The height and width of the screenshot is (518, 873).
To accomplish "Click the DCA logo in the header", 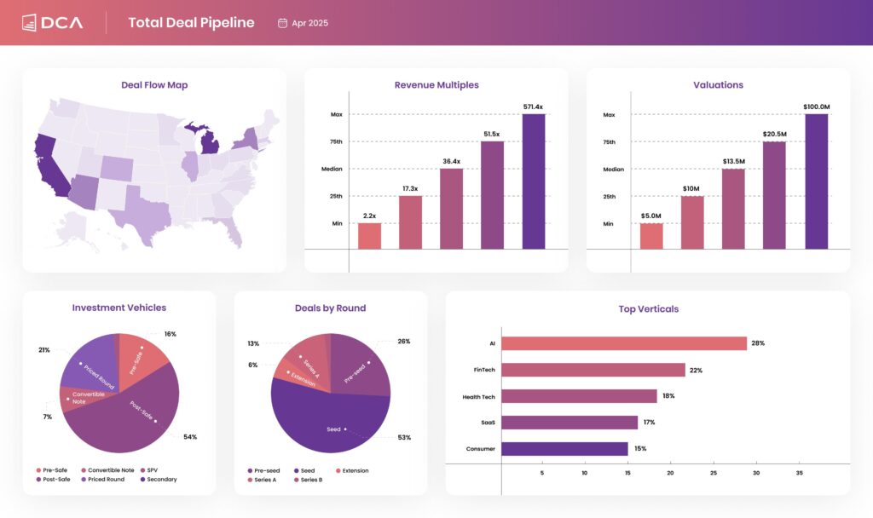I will (52, 22).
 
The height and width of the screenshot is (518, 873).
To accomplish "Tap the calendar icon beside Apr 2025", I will (282, 23).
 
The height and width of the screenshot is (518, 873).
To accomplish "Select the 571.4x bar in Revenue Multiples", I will (534, 181).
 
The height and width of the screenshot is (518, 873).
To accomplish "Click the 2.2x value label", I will (369, 216).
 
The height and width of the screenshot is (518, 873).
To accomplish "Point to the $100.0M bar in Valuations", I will (816, 181).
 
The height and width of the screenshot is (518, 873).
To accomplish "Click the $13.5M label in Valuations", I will (733, 162).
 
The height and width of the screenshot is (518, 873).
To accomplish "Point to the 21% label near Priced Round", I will (44, 350).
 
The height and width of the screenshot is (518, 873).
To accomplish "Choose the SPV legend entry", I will (152, 470).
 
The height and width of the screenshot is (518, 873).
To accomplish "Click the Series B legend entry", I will (310, 480).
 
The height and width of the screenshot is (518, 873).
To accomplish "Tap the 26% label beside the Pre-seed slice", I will (403, 342).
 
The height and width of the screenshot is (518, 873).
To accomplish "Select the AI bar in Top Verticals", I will (623, 343).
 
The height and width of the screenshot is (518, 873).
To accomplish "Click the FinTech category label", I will (484, 370).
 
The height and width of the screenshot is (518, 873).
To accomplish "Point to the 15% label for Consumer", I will (640, 449).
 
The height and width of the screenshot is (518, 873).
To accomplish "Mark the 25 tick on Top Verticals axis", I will (714, 473).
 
